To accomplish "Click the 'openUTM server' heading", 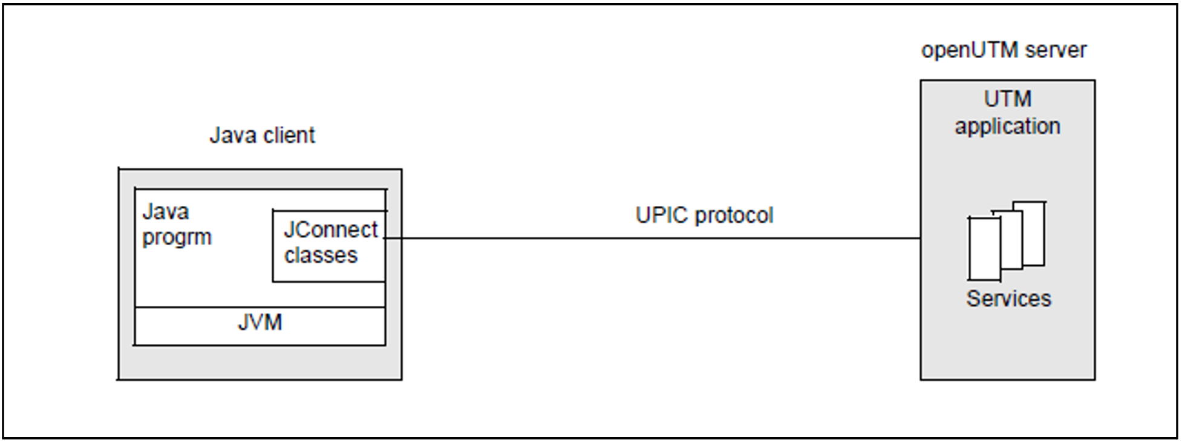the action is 1004,50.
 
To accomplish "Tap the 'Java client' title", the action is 262,135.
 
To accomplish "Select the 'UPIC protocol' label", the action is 704,216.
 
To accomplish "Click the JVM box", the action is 260,326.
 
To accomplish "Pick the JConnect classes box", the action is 329,246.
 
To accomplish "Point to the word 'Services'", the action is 1008,299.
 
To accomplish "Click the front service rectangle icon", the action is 984,249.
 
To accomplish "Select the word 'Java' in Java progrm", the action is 166,212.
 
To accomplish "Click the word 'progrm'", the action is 177,238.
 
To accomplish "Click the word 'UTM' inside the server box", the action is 1007,99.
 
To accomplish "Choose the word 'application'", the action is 1007,127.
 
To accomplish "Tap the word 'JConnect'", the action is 330,230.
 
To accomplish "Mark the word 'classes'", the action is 321,256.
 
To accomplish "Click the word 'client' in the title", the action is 289,135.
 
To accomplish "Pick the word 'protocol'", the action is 734,216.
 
